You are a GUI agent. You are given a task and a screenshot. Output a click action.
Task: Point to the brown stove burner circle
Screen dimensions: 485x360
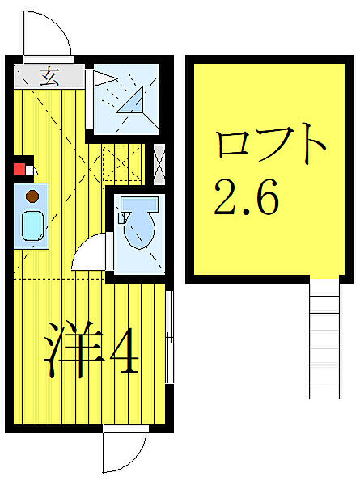coord(32,196)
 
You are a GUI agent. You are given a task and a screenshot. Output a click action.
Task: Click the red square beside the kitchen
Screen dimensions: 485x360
coord(19,169)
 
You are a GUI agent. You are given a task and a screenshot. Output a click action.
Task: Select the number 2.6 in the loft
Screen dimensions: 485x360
coord(246,196)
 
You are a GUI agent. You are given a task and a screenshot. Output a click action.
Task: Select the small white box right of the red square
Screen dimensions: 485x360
coord(32,171)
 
